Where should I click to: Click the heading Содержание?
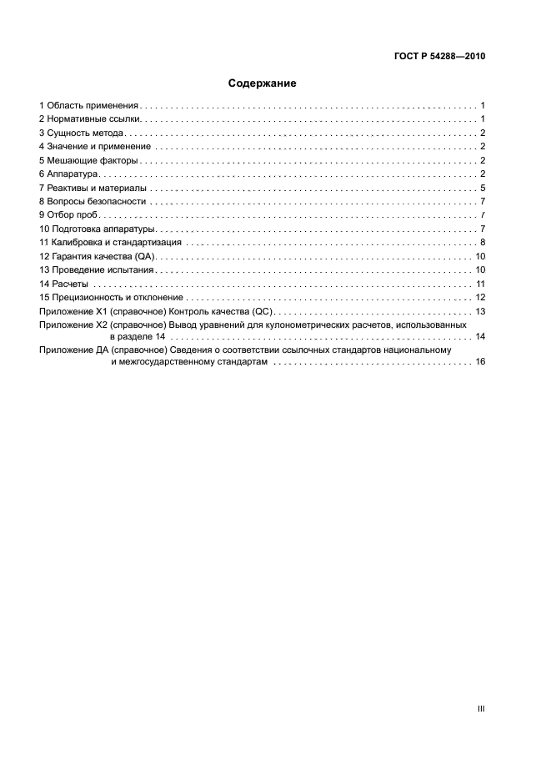263,83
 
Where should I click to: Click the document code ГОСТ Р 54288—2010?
438,57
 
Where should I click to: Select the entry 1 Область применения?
88,106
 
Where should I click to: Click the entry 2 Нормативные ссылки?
89,120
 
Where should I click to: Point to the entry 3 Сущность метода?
83,133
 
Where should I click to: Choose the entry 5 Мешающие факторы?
88,160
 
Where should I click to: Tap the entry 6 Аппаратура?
69,174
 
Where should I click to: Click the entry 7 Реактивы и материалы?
92,188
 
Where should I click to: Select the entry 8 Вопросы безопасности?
93,201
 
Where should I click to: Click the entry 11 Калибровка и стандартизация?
110,242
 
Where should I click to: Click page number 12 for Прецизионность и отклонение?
480,297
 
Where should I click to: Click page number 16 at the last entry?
480,363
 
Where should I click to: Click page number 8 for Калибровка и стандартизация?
483,242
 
